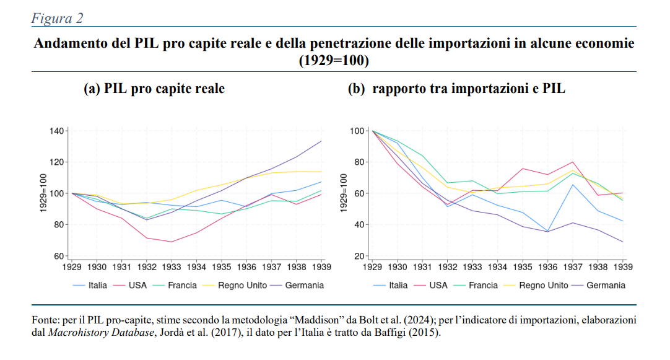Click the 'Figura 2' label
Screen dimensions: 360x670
57,18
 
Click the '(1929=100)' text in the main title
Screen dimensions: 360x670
334,61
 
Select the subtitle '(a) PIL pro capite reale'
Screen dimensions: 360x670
154,89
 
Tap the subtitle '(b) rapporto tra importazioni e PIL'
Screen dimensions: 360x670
457,89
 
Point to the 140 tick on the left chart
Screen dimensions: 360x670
56,131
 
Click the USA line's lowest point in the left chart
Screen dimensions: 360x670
172,242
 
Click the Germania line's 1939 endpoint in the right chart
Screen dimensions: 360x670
623,242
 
